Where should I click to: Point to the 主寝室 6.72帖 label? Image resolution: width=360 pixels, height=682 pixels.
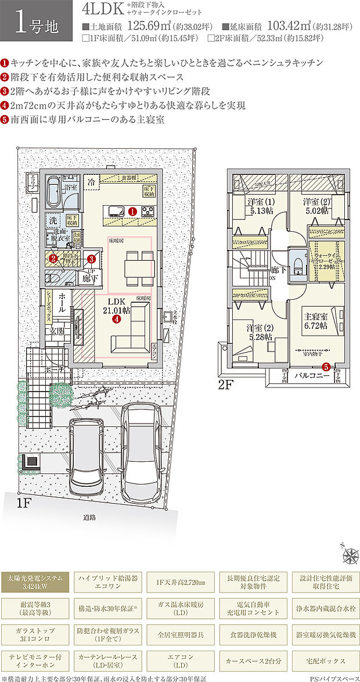click(316, 321)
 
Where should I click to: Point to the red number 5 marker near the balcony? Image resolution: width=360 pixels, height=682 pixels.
click(326, 367)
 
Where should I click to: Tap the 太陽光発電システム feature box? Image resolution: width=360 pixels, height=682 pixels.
click(36, 582)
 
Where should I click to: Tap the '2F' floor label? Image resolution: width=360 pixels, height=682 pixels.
click(225, 385)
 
